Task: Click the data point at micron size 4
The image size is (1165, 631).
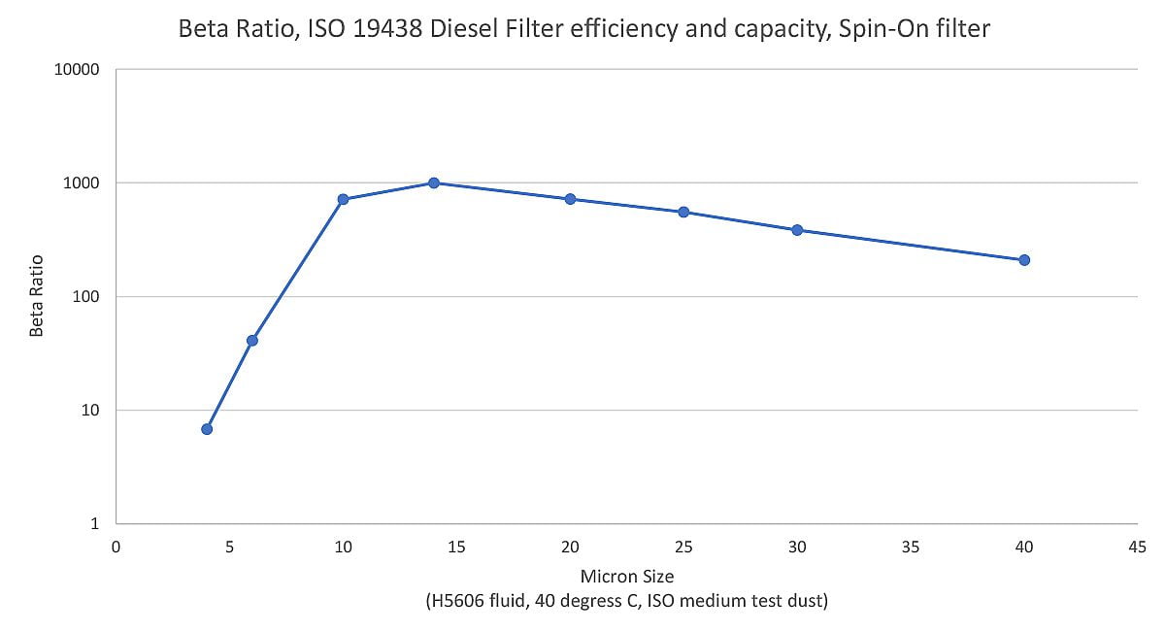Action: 207,429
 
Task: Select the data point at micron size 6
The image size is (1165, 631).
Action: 252,340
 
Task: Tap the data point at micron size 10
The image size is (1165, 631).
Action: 343,199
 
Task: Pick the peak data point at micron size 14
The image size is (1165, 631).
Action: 434,183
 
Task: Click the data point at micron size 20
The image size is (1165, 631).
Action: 570,199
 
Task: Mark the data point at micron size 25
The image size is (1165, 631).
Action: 683,212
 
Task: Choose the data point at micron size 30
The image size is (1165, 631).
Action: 797,230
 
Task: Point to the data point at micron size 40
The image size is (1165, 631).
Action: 1024,260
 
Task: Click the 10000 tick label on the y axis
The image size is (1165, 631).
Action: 80,71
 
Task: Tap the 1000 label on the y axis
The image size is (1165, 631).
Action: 83,183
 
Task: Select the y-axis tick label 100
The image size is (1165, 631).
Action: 87,297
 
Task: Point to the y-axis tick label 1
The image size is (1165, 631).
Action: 95,524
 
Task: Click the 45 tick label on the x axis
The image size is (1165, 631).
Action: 1137,547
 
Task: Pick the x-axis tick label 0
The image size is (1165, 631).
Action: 116,547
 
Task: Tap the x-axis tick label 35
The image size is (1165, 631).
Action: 911,547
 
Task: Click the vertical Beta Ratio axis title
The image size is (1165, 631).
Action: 37,296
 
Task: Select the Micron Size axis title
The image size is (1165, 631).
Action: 626,578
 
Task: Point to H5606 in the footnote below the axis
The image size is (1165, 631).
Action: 458,602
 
